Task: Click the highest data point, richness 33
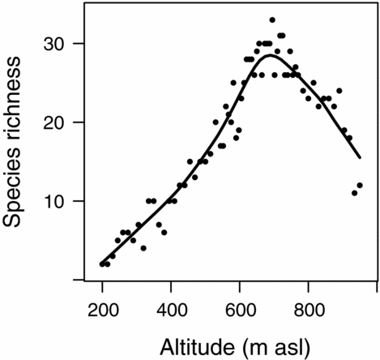tap(272, 19)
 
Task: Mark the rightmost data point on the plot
tap(360, 185)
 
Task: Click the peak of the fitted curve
tap(271, 54)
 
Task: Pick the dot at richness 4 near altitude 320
tap(143, 248)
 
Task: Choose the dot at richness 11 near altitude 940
tap(354, 193)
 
